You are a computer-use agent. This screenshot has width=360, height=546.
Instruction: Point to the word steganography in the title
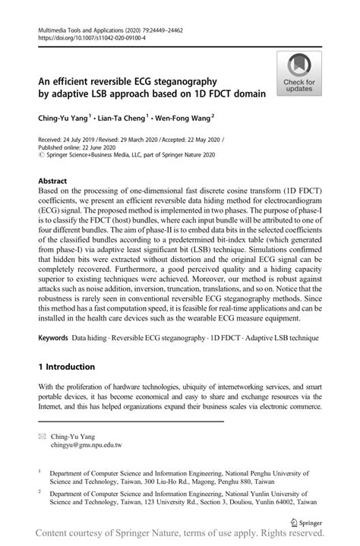coord(181,80)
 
